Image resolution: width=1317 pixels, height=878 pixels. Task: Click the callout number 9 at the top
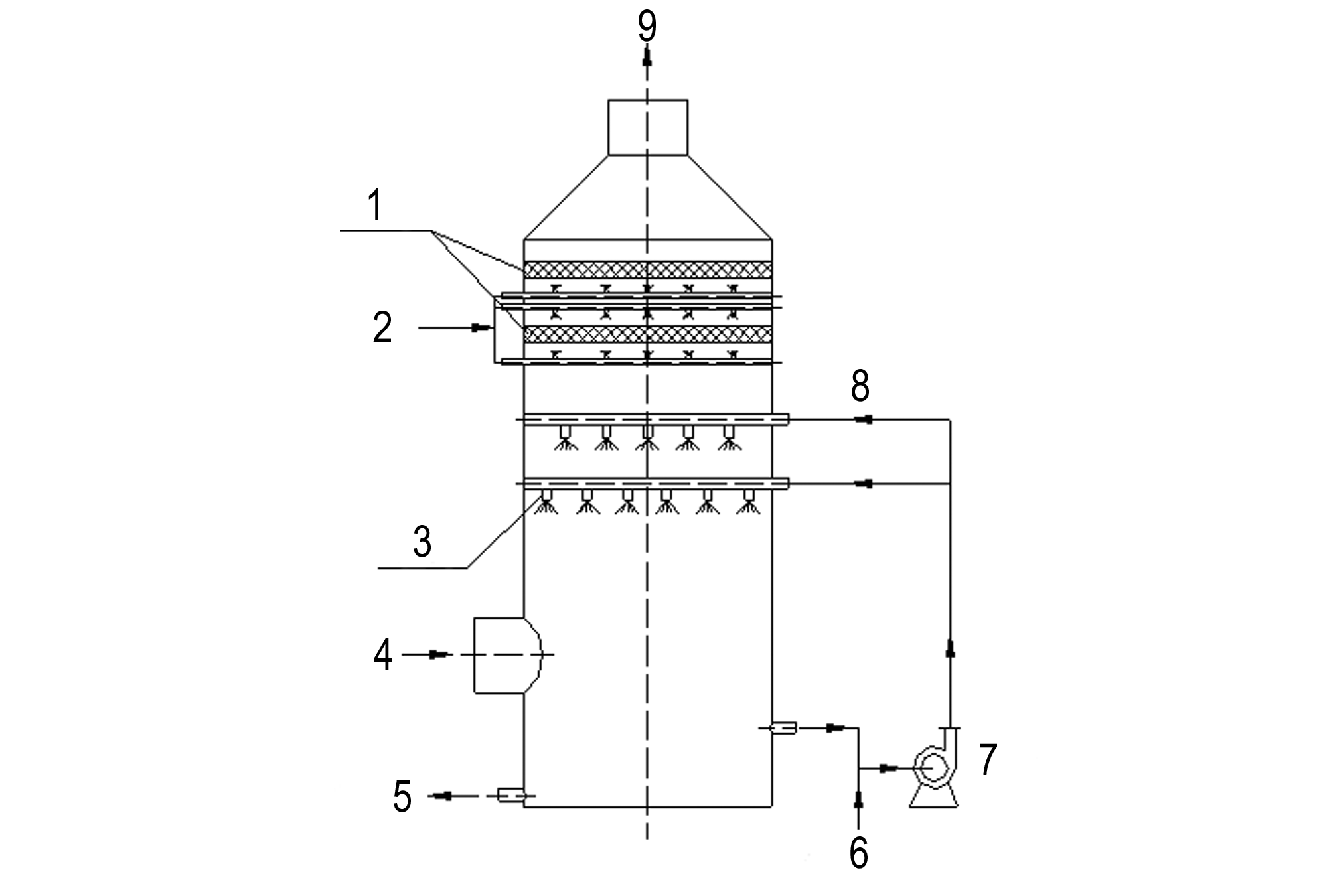tap(647, 27)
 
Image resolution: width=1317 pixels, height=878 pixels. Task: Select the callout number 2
tap(382, 327)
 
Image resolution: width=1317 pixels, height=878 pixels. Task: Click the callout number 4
tap(382, 656)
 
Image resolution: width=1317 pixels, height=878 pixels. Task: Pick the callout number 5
tap(402, 796)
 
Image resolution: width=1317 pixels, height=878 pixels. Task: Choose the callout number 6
tap(859, 853)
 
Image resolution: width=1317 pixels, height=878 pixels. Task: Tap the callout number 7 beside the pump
tap(988, 760)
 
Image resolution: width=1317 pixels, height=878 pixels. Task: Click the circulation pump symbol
tap(934, 767)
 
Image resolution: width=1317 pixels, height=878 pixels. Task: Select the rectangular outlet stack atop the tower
tap(648, 127)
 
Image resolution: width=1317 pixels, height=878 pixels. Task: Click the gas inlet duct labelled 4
tap(507, 656)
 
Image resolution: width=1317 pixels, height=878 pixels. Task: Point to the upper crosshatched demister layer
tap(648, 269)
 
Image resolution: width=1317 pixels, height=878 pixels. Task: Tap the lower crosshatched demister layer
tap(648, 334)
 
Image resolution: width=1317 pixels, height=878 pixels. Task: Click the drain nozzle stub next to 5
tap(512, 794)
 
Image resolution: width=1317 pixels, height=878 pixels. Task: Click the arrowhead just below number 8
tap(863, 419)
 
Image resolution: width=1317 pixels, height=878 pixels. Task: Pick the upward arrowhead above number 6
tap(858, 800)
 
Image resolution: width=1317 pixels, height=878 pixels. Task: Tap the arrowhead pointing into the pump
tap(889, 768)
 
